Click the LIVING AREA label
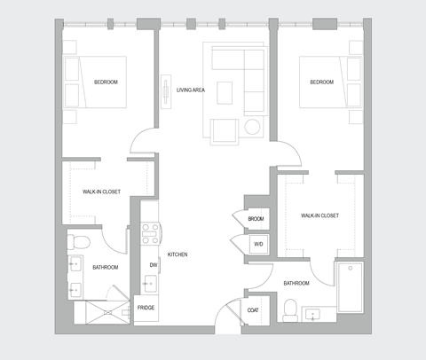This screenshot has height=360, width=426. pos(191,90)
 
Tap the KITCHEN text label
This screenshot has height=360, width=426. pos(177,254)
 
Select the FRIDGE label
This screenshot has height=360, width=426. pos(146,308)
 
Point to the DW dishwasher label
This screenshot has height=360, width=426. pos(153,265)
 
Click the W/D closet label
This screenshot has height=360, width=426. pos(258,243)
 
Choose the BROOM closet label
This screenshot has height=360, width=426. pos(256,219)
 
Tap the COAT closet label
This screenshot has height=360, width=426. pos(253,309)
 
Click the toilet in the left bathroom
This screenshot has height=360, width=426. pos(78,242)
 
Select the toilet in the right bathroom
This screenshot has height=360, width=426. pos(288,309)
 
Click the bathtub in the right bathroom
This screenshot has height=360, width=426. pos(349,286)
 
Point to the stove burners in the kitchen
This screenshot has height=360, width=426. pos(150,232)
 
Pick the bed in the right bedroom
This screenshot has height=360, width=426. pos(323,83)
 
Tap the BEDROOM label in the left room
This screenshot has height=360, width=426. pos(106,82)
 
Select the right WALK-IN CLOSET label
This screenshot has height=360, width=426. pos(319,215)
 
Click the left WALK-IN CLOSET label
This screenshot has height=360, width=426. pos(102,191)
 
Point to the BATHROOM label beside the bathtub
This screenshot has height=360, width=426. pos(296,283)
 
